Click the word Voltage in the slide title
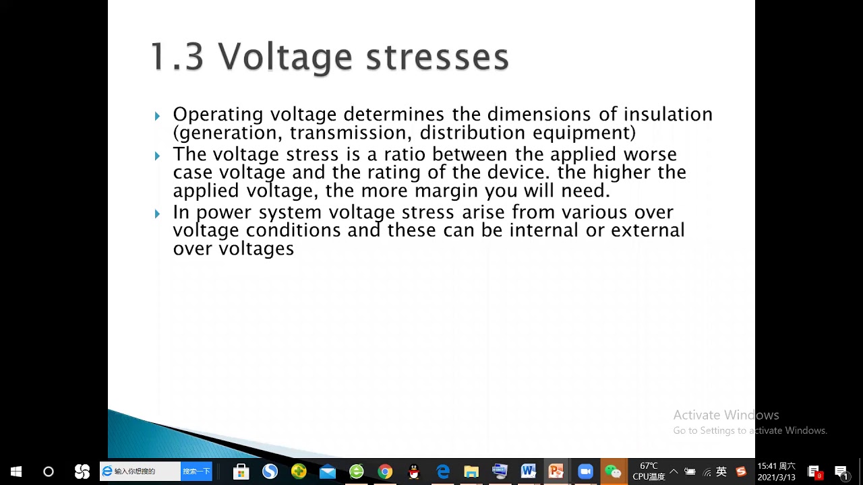(285, 57)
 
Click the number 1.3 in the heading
(177, 57)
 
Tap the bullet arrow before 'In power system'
(157, 214)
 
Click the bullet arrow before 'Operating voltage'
(157, 116)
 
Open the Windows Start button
(16, 472)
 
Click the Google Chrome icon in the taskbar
(385, 472)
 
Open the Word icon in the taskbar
(528, 472)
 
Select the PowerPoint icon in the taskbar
(556, 472)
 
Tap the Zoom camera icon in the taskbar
(585, 472)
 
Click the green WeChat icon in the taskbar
(612, 472)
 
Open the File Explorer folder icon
(471, 472)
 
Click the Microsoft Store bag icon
(241, 472)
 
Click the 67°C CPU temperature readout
(649, 471)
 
